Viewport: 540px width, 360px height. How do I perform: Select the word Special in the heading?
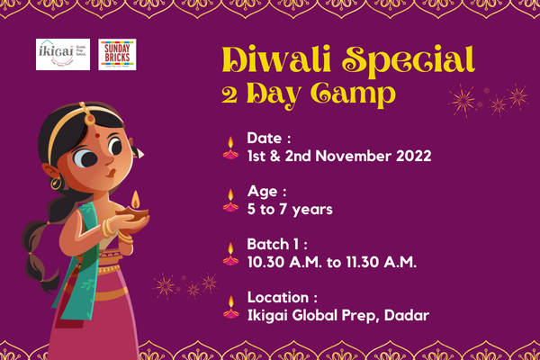tap(413, 60)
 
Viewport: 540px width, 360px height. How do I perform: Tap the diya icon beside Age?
tap(231, 200)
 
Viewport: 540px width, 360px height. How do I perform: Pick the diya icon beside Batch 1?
tap(231, 252)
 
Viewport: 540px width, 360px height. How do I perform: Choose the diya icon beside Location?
tap(231, 306)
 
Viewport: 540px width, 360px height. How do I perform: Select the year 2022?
tap(413, 155)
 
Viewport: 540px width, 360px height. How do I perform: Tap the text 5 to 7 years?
tap(290, 209)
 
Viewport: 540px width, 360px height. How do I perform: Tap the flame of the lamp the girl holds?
tap(135, 198)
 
